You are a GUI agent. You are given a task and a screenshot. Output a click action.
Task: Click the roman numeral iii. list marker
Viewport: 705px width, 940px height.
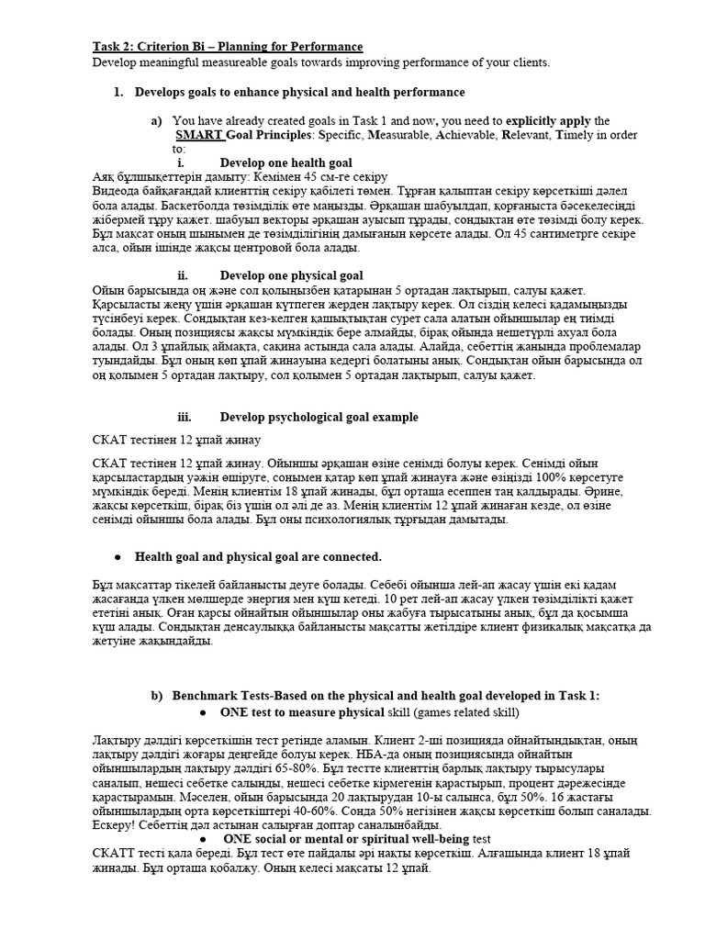[184, 417]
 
